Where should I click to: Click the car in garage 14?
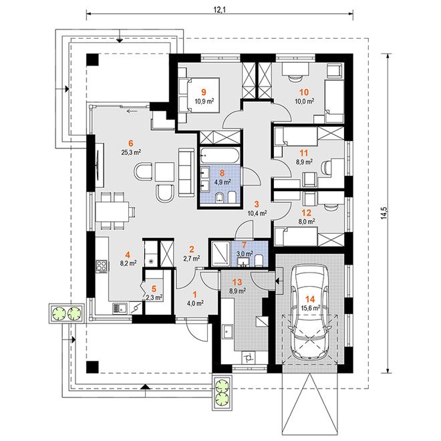309,312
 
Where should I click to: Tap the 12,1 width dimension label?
220,10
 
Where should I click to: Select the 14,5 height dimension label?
384,213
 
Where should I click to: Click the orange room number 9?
204,92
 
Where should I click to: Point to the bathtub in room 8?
220,155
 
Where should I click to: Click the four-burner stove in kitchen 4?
102,267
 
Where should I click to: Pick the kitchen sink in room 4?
120,309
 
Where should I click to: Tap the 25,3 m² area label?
131,152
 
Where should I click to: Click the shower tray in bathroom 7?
220,253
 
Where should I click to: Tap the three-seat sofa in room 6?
186,172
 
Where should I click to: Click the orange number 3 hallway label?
257,204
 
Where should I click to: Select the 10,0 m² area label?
304,101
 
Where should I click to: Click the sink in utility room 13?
227,333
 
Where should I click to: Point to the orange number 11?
304,153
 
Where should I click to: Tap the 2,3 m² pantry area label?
154,297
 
